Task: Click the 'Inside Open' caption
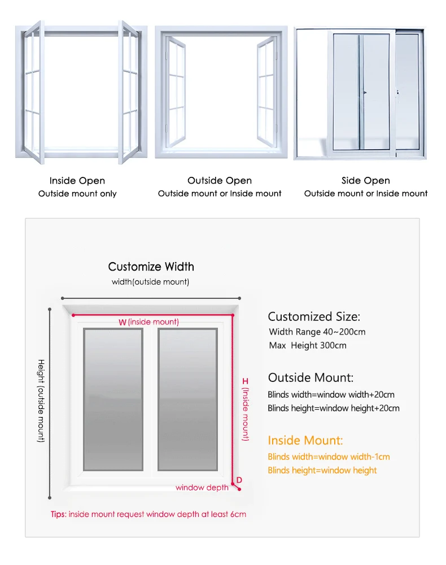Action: click(x=77, y=181)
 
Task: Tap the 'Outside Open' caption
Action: click(x=220, y=181)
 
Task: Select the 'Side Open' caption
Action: click(x=365, y=181)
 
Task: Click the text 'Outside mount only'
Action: click(x=77, y=194)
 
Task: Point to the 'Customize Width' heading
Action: click(x=151, y=267)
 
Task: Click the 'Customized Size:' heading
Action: click(x=313, y=316)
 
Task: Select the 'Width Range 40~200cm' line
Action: click(x=317, y=332)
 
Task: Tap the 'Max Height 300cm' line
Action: click(x=308, y=345)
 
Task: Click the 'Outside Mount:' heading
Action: click(x=311, y=377)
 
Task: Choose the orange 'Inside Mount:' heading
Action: click(x=305, y=440)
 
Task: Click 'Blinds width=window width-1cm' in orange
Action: click(x=329, y=457)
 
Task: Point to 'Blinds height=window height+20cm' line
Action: click(x=333, y=408)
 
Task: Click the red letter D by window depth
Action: click(x=239, y=480)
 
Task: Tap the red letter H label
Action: click(x=245, y=382)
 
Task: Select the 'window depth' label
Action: click(x=202, y=488)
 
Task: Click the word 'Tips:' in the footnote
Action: click(x=58, y=515)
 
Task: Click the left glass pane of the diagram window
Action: click(x=113, y=399)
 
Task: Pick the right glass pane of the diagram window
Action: click(x=187, y=399)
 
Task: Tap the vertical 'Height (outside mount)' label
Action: click(x=41, y=401)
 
